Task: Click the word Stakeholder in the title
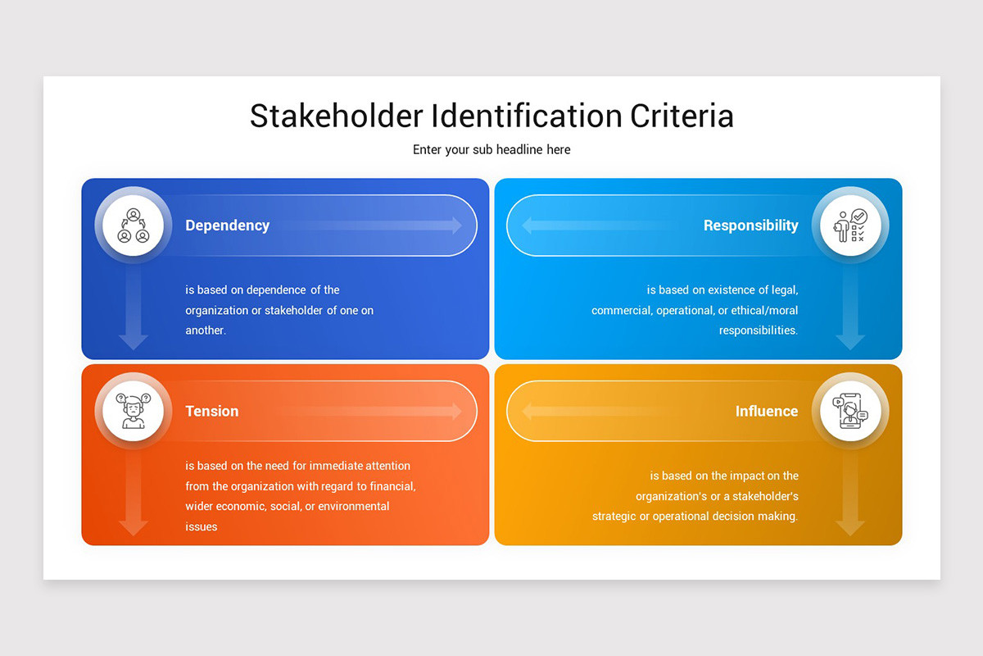pos(337,116)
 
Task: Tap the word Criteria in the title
pos(682,116)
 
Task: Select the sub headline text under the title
pos(491,150)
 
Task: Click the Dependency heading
pos(227,225)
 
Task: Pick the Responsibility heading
pos(750,225)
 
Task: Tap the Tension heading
pos(211,412)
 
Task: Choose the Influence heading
pos(766,412)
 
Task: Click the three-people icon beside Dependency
pos(134,225)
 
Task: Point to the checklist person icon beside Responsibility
pos(850,225)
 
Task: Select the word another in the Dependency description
pos(205,330)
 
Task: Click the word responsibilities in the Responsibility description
pos(758,330)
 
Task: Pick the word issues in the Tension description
pos(202,526)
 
